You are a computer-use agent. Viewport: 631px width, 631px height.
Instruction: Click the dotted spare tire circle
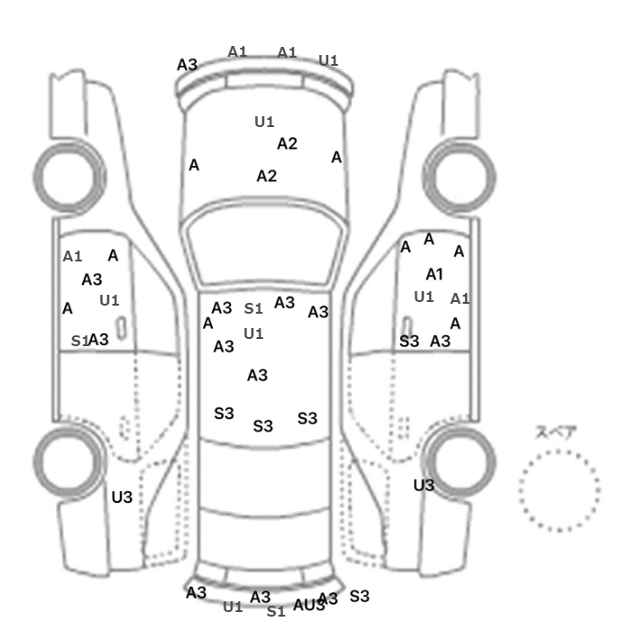[559, 491]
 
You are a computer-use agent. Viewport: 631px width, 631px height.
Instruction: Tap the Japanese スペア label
[556, 432]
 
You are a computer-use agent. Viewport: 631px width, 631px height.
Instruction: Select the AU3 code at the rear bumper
[308, 605]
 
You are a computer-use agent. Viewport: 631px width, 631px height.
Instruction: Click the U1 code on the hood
[264, 121]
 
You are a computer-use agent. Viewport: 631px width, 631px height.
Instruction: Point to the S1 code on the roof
[254, 308]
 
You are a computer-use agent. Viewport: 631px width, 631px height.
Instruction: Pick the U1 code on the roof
[254, 334]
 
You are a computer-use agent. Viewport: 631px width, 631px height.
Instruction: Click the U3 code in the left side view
[122, 497]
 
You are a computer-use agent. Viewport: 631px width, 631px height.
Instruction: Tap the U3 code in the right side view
[424, 485]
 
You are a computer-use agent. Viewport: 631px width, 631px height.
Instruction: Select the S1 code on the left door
[79, 341]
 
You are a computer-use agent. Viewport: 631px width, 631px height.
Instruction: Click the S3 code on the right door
[409, 341]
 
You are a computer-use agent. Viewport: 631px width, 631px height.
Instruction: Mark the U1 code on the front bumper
[328, 60]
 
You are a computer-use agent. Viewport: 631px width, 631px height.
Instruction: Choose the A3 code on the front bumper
[187, 64]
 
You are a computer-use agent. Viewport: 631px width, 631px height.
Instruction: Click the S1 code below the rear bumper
[276, 611]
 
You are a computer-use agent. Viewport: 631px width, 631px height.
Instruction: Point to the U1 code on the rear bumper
[233, 607]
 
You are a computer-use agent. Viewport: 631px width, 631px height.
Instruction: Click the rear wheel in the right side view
[460, 457]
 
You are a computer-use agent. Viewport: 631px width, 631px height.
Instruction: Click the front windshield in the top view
[266, 242]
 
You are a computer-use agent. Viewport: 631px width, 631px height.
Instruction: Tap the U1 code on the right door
[424, 297]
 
